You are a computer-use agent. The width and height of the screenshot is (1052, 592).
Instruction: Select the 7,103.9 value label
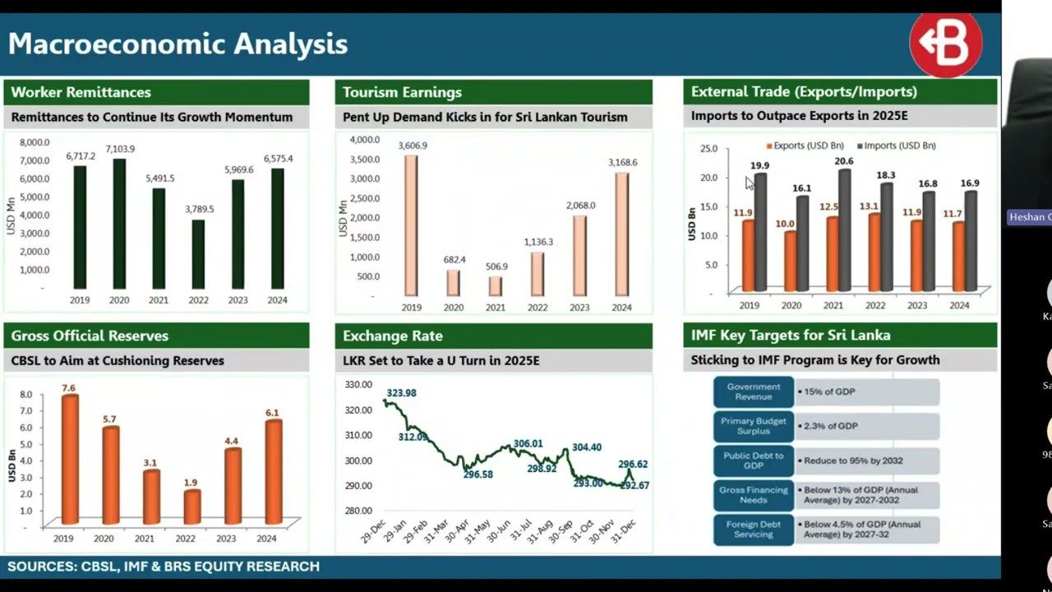(120, 149)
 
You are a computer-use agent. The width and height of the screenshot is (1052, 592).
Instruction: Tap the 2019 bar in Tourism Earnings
(411, 224)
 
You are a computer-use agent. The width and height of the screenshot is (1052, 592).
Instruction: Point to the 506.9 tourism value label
(496, 266)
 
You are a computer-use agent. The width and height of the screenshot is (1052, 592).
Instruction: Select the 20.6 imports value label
(845, 161)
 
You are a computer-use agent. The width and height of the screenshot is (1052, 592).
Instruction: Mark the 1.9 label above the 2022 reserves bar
(191, 482)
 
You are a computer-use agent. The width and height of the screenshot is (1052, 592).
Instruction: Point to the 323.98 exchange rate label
(401, 393)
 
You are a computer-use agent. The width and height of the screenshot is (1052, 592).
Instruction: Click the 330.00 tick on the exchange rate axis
(358, 384)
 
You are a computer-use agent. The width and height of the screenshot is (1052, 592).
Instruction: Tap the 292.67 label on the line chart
(634, 485)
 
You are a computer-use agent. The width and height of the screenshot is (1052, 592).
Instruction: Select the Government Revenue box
(754, 392)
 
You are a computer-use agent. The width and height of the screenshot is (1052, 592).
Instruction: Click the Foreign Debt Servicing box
(754, 530)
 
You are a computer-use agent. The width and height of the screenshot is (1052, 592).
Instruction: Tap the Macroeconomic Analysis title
(178, 44)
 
